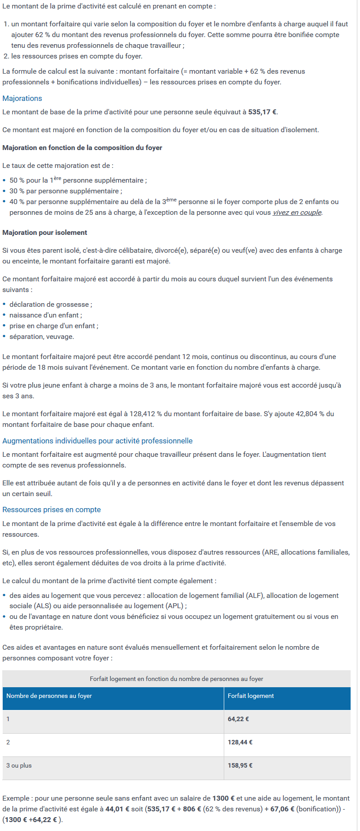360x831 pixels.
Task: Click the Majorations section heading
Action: (22, 98)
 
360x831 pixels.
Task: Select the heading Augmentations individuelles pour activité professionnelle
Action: (97, 441)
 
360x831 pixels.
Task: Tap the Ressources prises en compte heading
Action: (51, 509)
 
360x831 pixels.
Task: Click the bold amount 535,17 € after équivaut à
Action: (262, 112)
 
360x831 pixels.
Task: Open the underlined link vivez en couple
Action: (297, 213)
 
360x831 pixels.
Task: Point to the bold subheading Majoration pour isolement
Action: (45, 233)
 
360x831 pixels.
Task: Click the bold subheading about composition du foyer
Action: (82, 148)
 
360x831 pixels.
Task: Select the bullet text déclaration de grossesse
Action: (50, 305)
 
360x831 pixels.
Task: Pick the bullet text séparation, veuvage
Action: (42, 337)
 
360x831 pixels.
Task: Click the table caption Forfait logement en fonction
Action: (176, 679)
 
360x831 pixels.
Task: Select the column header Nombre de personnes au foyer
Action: (49, 696)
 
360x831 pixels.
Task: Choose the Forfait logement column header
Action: (251, 696)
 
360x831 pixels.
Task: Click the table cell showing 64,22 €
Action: (239, 719)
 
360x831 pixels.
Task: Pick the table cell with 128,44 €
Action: (240, 742)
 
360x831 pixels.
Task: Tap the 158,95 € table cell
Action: (240, 765)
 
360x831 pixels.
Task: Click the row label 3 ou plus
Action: (19, 765)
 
